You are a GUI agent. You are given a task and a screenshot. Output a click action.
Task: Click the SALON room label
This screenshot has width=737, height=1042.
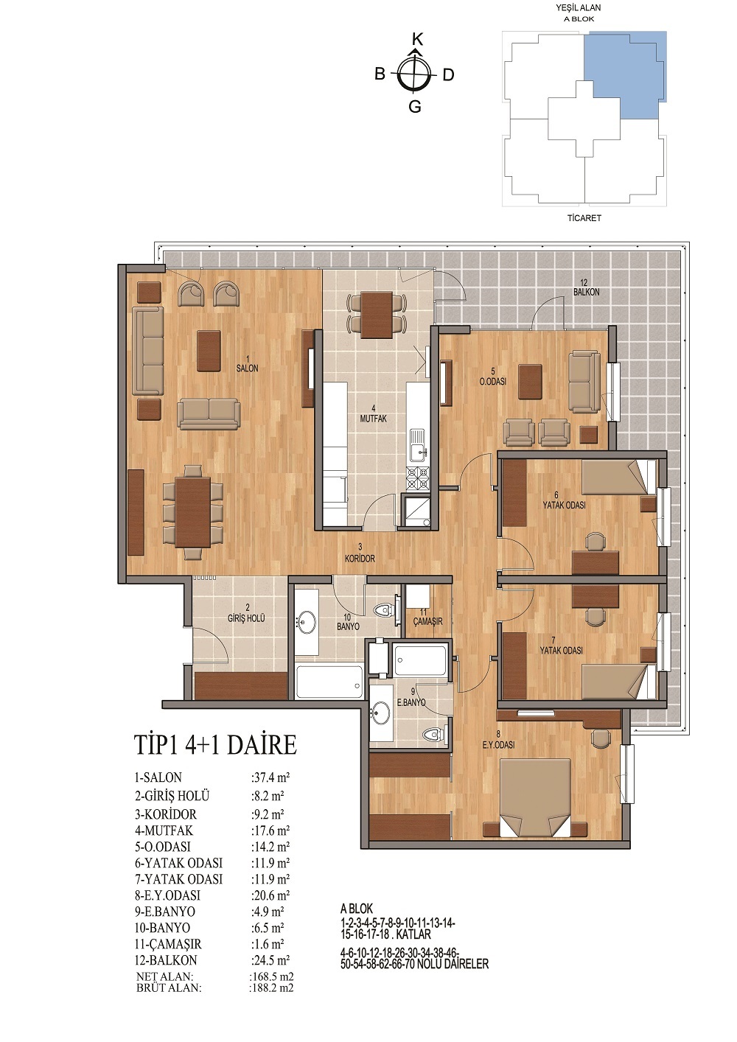(247, 368)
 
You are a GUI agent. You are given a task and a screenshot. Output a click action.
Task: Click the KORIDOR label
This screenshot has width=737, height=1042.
(360, 559)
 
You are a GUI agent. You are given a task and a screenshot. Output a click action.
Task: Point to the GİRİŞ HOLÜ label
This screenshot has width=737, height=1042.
(246, 619)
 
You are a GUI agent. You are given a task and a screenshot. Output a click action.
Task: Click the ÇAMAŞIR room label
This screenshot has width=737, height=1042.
(427, 621)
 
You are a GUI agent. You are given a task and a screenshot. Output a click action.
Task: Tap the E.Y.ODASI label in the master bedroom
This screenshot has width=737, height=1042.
(498, 745)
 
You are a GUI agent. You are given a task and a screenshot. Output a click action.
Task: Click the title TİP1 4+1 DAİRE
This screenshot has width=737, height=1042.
(215, 745)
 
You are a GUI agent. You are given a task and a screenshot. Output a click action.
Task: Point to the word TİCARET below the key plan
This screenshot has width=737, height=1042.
(584, 217)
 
